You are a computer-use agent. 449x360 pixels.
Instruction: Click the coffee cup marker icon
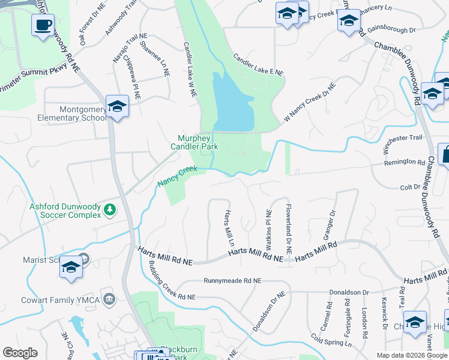(43, 25)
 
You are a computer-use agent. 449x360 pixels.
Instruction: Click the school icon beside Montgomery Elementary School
(116, 106)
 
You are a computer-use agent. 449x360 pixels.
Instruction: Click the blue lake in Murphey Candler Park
(233, 102)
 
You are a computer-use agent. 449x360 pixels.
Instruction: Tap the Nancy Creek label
(177, 176)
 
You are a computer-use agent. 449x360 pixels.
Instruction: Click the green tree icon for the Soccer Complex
(110, 209)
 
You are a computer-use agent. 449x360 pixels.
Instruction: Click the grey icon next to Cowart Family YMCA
(109, 298)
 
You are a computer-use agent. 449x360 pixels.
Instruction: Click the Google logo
(20, 353)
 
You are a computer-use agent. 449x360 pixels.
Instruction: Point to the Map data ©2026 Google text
(411, 355)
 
